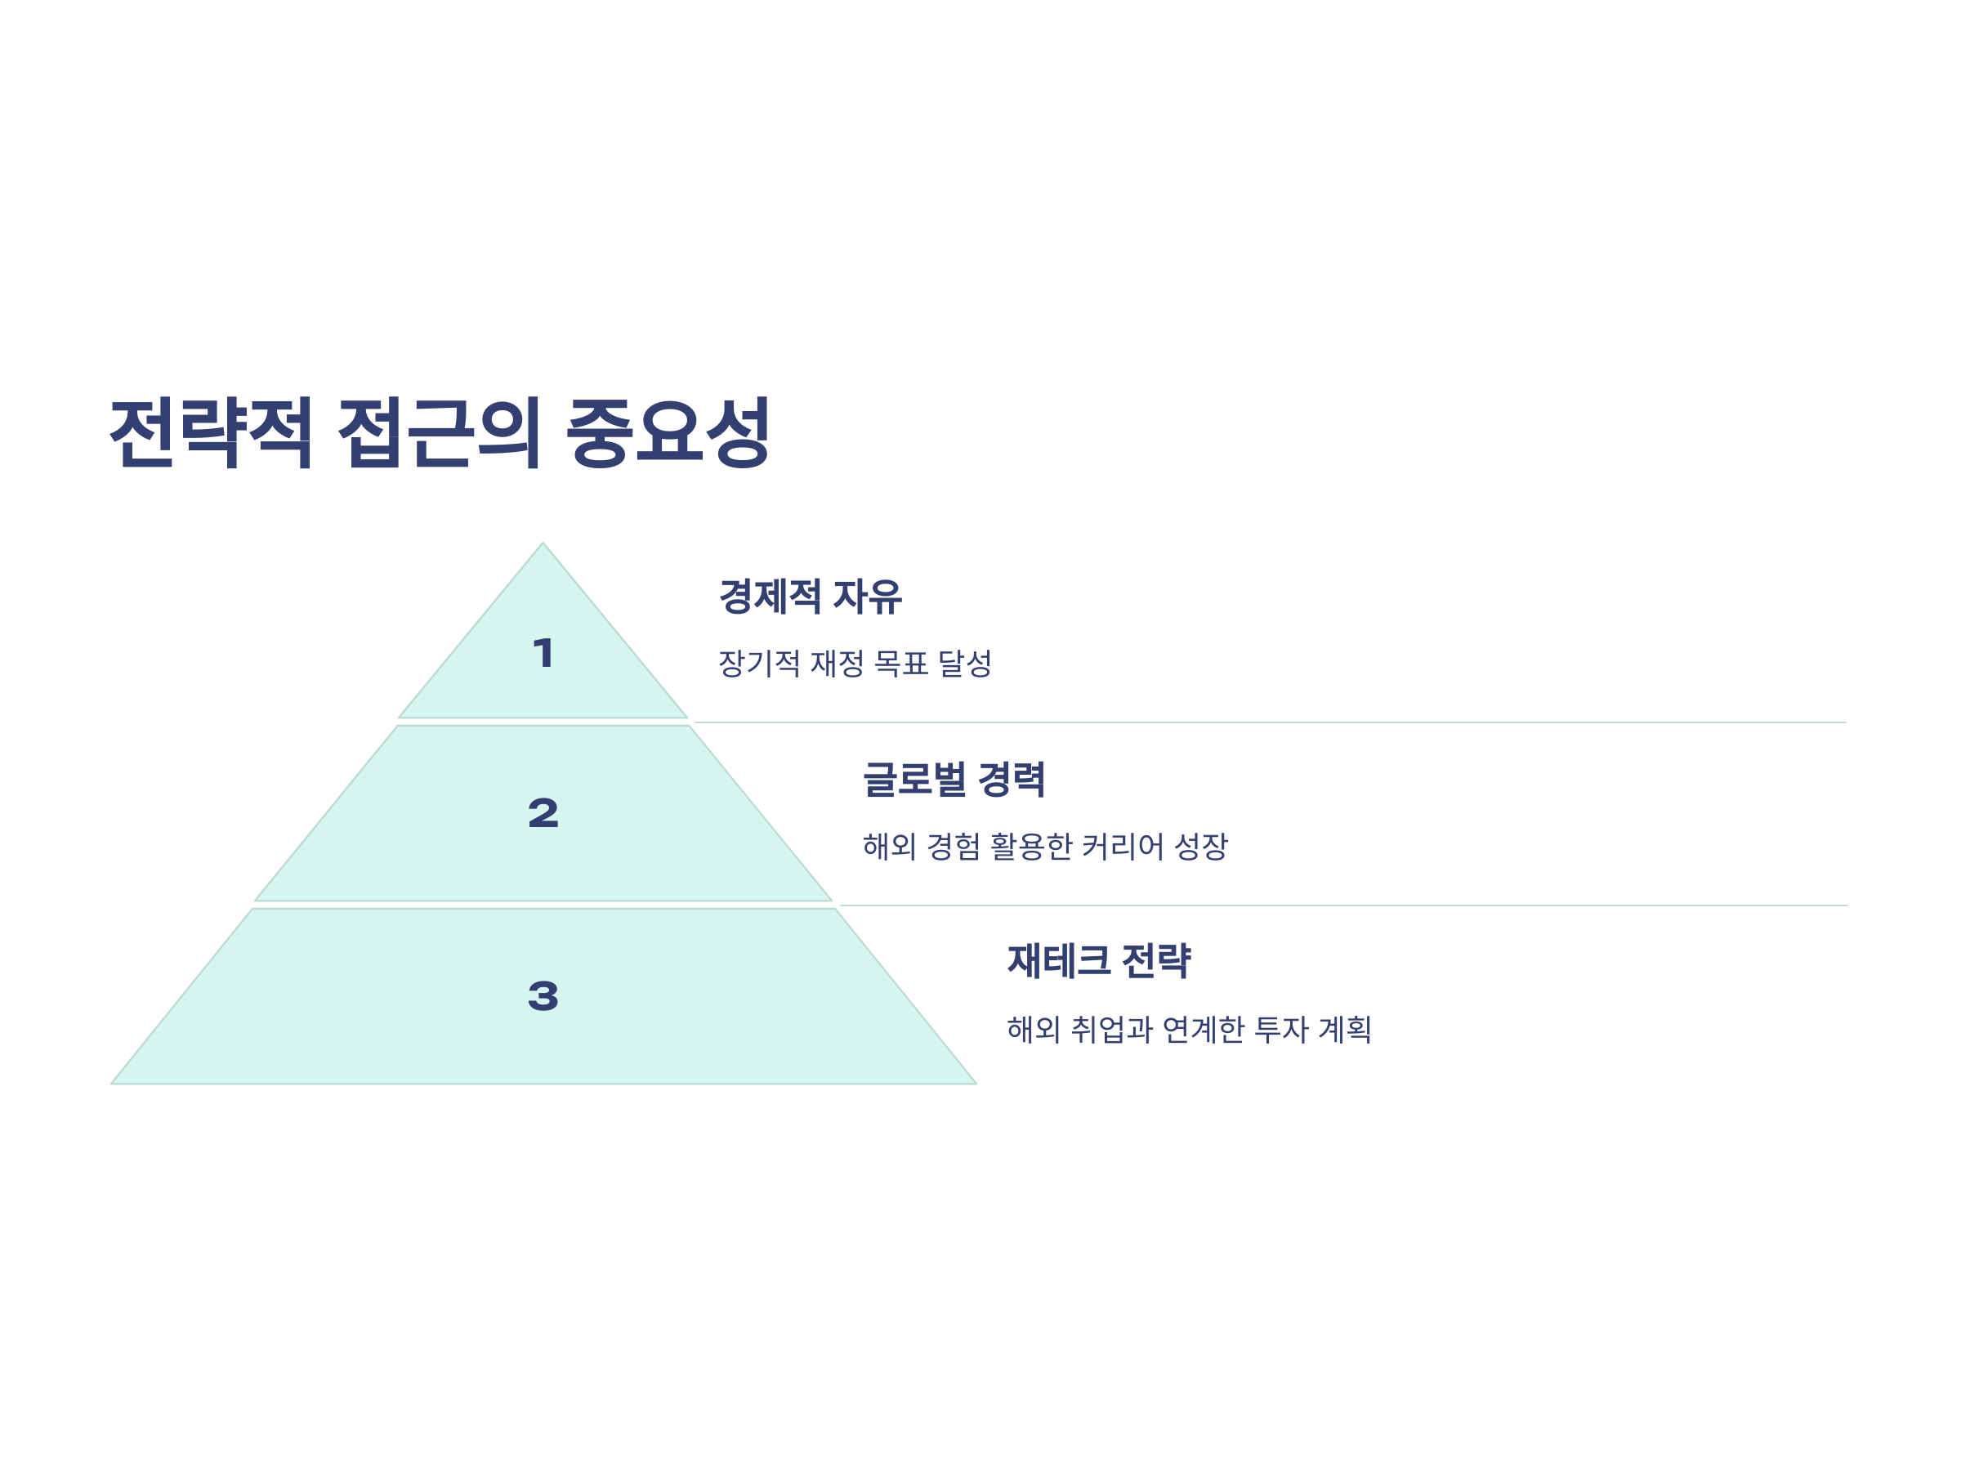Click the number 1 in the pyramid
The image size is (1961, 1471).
coord(543,654)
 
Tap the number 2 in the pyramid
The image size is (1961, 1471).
coord(543,813)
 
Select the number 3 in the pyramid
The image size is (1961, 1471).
coord(543,995)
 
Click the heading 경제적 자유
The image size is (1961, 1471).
coord(811,597)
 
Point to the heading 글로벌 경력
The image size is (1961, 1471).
coord(954,780)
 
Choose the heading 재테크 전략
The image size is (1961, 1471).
coord(1099,961)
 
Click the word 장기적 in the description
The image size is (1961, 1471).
coord(759,664)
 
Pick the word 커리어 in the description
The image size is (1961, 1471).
coord(1123,847)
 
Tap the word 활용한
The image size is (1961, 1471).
coord(1031,847)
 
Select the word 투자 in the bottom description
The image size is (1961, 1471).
coord(1282,1030)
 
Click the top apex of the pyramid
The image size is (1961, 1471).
coord(543,545)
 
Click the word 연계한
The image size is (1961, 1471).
coord(1203,1030)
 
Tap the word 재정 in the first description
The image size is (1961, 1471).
coord(838,664)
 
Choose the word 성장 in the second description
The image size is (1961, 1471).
coord(1200,847)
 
